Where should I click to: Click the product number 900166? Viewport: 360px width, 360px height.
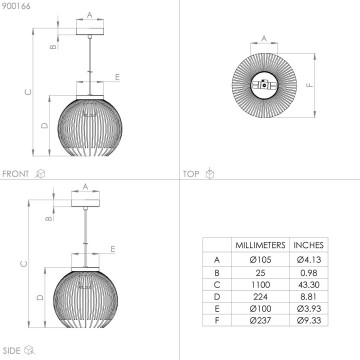pos(16,6)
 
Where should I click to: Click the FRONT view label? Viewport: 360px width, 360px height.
pos(16,173)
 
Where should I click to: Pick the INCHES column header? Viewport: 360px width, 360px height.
pos(309,244)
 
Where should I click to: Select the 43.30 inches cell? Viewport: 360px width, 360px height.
pos(309,285)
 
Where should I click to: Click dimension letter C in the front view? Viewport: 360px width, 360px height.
pos(27,91)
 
